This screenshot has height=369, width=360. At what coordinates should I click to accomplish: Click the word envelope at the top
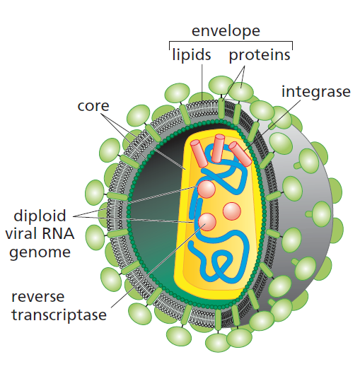(x=226, y=30)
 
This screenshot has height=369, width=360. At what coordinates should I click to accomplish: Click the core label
(x=93, y=106)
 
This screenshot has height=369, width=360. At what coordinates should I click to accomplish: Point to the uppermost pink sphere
(x=207, y=189)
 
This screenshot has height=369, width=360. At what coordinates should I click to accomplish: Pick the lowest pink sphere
(x=209, y=223)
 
